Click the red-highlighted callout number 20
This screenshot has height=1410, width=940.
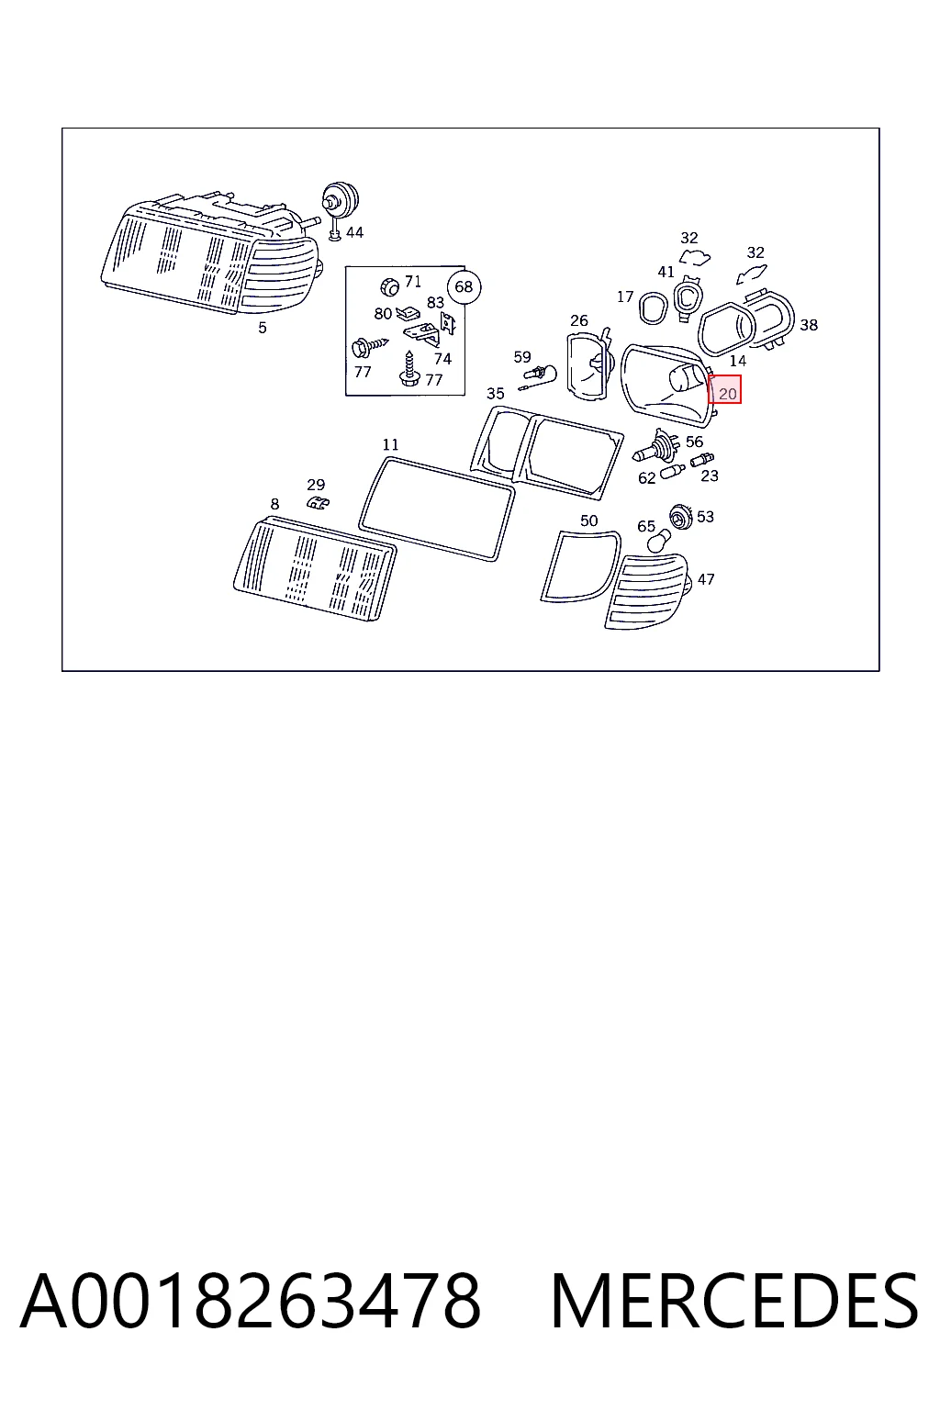pyautogui.click(x=727, y=394)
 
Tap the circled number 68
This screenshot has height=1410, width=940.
pyautogui.click(x=464, y=287)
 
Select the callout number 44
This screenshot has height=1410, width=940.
pyautogui.click(x=354, y=233)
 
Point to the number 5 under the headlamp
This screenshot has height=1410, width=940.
pyautogui.click(x=263, y=328)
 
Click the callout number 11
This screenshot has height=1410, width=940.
pyautogui.click(x=390, y=444)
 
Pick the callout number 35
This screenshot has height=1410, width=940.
pyautogui.click(x=496, y=394)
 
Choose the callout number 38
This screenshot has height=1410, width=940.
pyautogui.click(x=809, y=325)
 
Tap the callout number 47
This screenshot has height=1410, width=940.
pyautogui.click(x=706, y=579)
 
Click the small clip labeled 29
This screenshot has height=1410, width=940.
pyautogui.click(x=318, y=503)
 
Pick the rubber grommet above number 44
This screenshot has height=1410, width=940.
pyautogui.click(x=340, y=199)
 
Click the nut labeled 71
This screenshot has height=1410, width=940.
pyautogui.click(x=390, y=286)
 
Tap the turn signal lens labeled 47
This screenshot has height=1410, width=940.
pyautogui.click(x=647, y=590)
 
